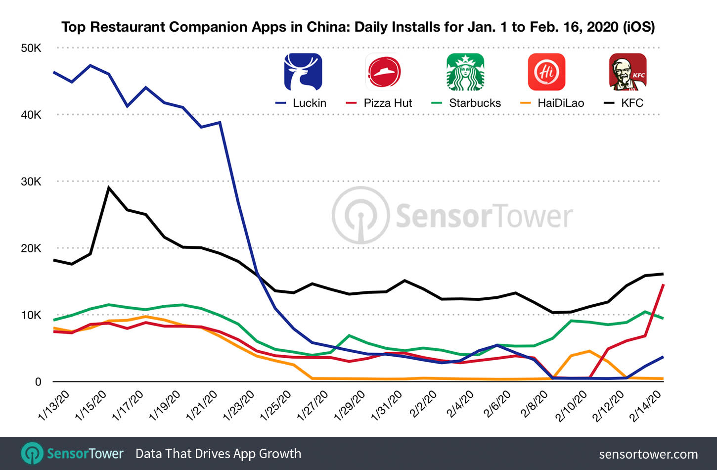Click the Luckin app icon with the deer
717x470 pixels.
[303, 72]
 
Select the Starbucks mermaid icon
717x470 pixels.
[465, 72]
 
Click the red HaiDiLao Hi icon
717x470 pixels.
[546, 72]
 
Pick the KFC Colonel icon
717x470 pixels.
[627, 72]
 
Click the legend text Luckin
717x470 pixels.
[309, 103]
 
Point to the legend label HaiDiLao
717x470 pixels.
[561, 103]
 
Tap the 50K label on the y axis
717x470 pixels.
[31, 48]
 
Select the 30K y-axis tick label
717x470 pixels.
[31, 182]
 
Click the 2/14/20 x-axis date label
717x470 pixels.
[646, 405]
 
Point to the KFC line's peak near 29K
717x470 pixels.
[109, 188]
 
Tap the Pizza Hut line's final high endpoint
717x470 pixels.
[663, 285]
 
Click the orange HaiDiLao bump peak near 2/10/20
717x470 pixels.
[589, 351]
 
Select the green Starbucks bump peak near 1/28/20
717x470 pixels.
[350, 335]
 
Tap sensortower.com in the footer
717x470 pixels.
[648, 454]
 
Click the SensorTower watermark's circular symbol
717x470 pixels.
[361, 216]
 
